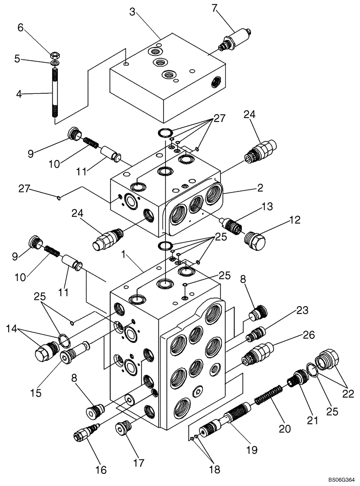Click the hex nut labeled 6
click(x=54, y=53)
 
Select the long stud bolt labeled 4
click(x=55, y=92)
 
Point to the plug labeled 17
click(x=123, y=429)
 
